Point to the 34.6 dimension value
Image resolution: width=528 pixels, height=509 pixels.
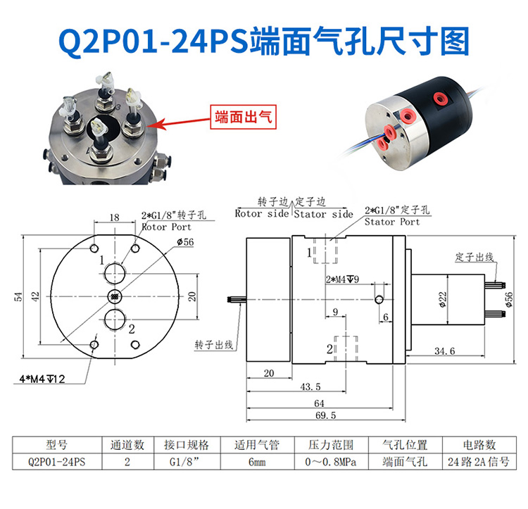[x=444, y=350]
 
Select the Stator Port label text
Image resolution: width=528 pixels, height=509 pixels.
[x=392, y=222]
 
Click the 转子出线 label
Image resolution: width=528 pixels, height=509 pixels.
[x=213, y=344]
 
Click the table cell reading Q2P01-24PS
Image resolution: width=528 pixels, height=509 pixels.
[x=57, y=463]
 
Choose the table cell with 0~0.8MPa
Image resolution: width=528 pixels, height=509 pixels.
[x=330, y=463]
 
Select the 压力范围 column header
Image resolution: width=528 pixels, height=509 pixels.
[x=330, y=446]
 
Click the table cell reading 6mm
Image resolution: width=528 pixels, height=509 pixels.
[x=256, y=463]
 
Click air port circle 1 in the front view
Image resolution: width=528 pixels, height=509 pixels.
[x=115, y=271]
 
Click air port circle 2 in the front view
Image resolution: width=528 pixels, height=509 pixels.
[x=115, y=320]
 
